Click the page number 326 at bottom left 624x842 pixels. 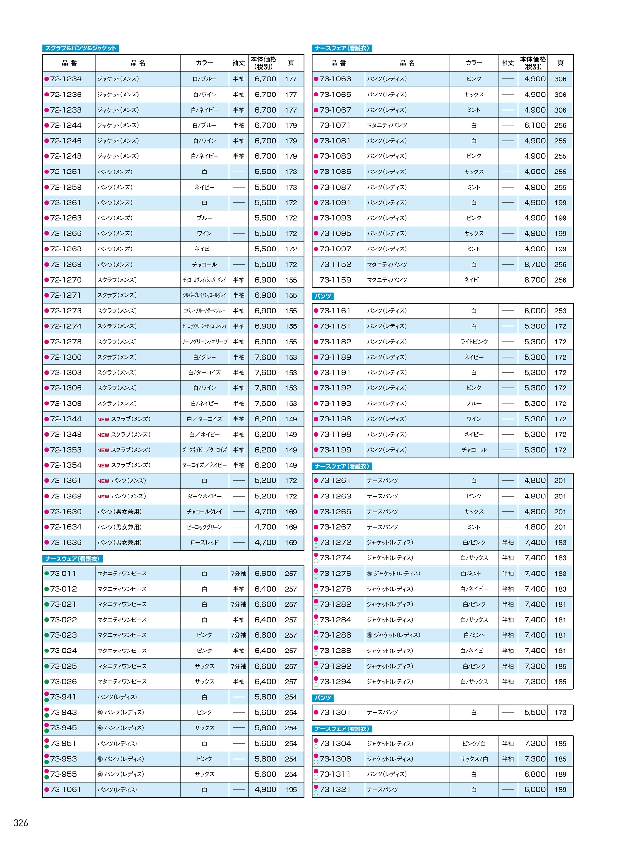coord(21,823)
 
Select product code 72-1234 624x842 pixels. coord(66,79)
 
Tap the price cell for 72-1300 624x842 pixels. coord(265,357)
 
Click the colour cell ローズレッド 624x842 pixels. coord(204,542)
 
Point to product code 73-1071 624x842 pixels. coord(335,125)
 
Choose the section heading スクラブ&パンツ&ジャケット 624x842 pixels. coord(81,48)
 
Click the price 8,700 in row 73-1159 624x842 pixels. coord(534,280)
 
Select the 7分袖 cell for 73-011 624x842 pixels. coord(238,574)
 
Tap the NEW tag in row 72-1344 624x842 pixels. coord(103,419)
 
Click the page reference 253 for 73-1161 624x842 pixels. coord(560,311)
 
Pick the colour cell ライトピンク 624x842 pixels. coord(474,342)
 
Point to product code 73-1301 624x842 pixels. coord(335,712)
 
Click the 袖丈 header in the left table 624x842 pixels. coord(238,63)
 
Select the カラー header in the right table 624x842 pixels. coord(474,63)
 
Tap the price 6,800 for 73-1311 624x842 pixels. coord(534,774)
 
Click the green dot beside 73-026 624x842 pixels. coord(47,682)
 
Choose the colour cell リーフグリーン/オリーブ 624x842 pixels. coord(204,342)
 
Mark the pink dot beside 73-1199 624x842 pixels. coord(316,450)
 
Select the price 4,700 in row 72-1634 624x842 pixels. coord(265,527)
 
